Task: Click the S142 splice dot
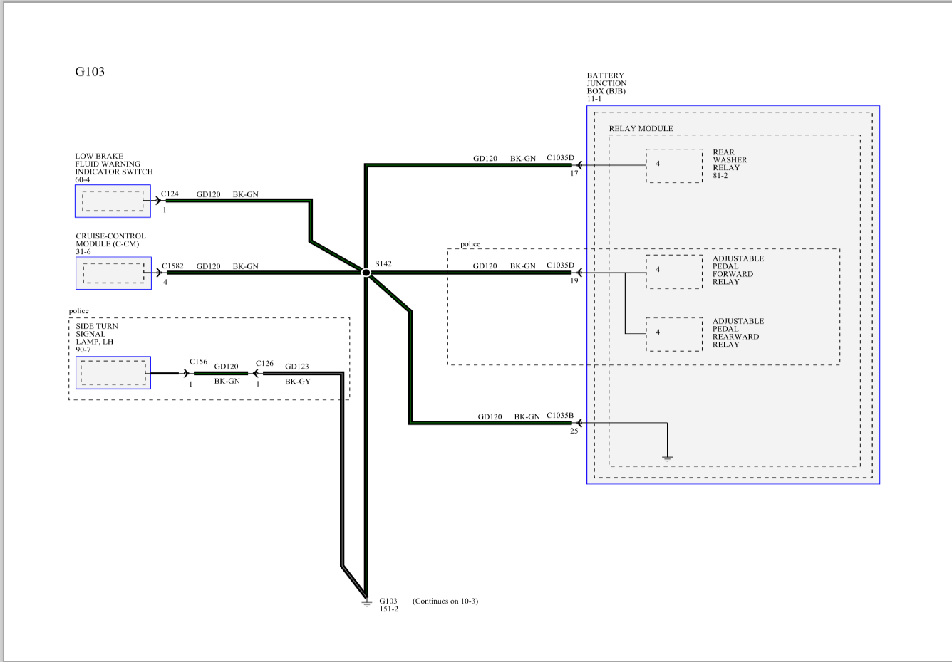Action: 366,273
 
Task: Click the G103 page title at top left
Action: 90,71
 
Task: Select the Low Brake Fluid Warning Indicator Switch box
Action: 113,201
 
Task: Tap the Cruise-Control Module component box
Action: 113,273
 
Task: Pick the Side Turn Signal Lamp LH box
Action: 113,372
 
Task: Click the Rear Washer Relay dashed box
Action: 674,166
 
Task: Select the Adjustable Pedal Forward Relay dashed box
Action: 674,272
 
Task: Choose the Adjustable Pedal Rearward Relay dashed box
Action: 674,334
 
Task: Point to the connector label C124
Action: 170,194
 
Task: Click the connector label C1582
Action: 172,266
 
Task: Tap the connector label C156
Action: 199,362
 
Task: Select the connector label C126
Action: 264,363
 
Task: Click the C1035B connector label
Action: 560,415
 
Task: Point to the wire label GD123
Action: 296,366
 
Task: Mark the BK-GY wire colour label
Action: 298,382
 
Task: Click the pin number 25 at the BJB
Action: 574,431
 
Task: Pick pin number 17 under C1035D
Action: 574,173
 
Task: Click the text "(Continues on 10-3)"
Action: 445,601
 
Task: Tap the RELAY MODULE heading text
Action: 641,128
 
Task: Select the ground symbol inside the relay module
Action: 667,458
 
